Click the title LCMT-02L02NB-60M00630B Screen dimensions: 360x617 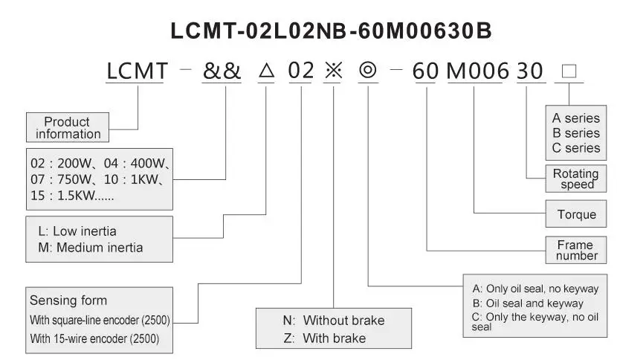click(331, 30)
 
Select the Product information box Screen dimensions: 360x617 click(68, 128)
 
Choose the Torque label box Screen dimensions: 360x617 click(577, 215)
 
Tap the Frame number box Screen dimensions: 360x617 click(577, 250)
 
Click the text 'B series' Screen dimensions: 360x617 click(575, 133)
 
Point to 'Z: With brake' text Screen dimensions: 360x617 click(324, 338)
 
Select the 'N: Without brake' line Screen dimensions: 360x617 click(333, 321)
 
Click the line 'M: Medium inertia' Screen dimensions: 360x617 click(85, 248)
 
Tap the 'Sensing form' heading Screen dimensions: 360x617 click(68, 300)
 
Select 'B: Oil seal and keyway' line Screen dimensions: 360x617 click(528, 303)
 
